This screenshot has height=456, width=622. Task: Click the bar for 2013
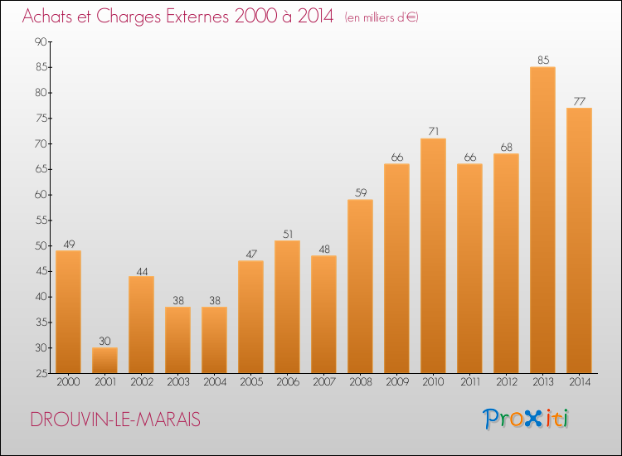(x=542, y=220)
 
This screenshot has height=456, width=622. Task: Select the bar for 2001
(x=104, y=360)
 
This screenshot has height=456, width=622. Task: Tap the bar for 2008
(x=360, y=286)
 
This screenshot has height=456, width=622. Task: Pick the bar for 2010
(x=433, y=255)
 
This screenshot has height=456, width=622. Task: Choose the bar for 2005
(x=250, y=317)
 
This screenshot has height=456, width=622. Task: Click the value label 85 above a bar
(x=542, y=60)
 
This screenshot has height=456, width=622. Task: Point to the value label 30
(x=104, y=340)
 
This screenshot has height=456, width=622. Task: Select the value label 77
(x=579, y=101)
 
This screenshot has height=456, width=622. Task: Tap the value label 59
(x=360, y=192)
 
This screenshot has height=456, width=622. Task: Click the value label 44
(x=141, y=269)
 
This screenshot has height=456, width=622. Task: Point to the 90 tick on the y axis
(x=40, y=41)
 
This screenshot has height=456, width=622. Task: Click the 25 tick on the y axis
(x=40, y=373)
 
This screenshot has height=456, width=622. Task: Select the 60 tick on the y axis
(x=40, y=195)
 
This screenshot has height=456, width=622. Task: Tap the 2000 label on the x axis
(x=68, y=383)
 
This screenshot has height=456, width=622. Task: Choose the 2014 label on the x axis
(x=579, y=383)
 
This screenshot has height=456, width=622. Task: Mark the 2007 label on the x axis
(x=323, y=383)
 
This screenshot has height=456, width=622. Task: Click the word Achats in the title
(x=48, y=17)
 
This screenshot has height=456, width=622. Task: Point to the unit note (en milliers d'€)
(x=381, y=17)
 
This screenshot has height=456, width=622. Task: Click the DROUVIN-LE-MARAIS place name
(x=114, y=420)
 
